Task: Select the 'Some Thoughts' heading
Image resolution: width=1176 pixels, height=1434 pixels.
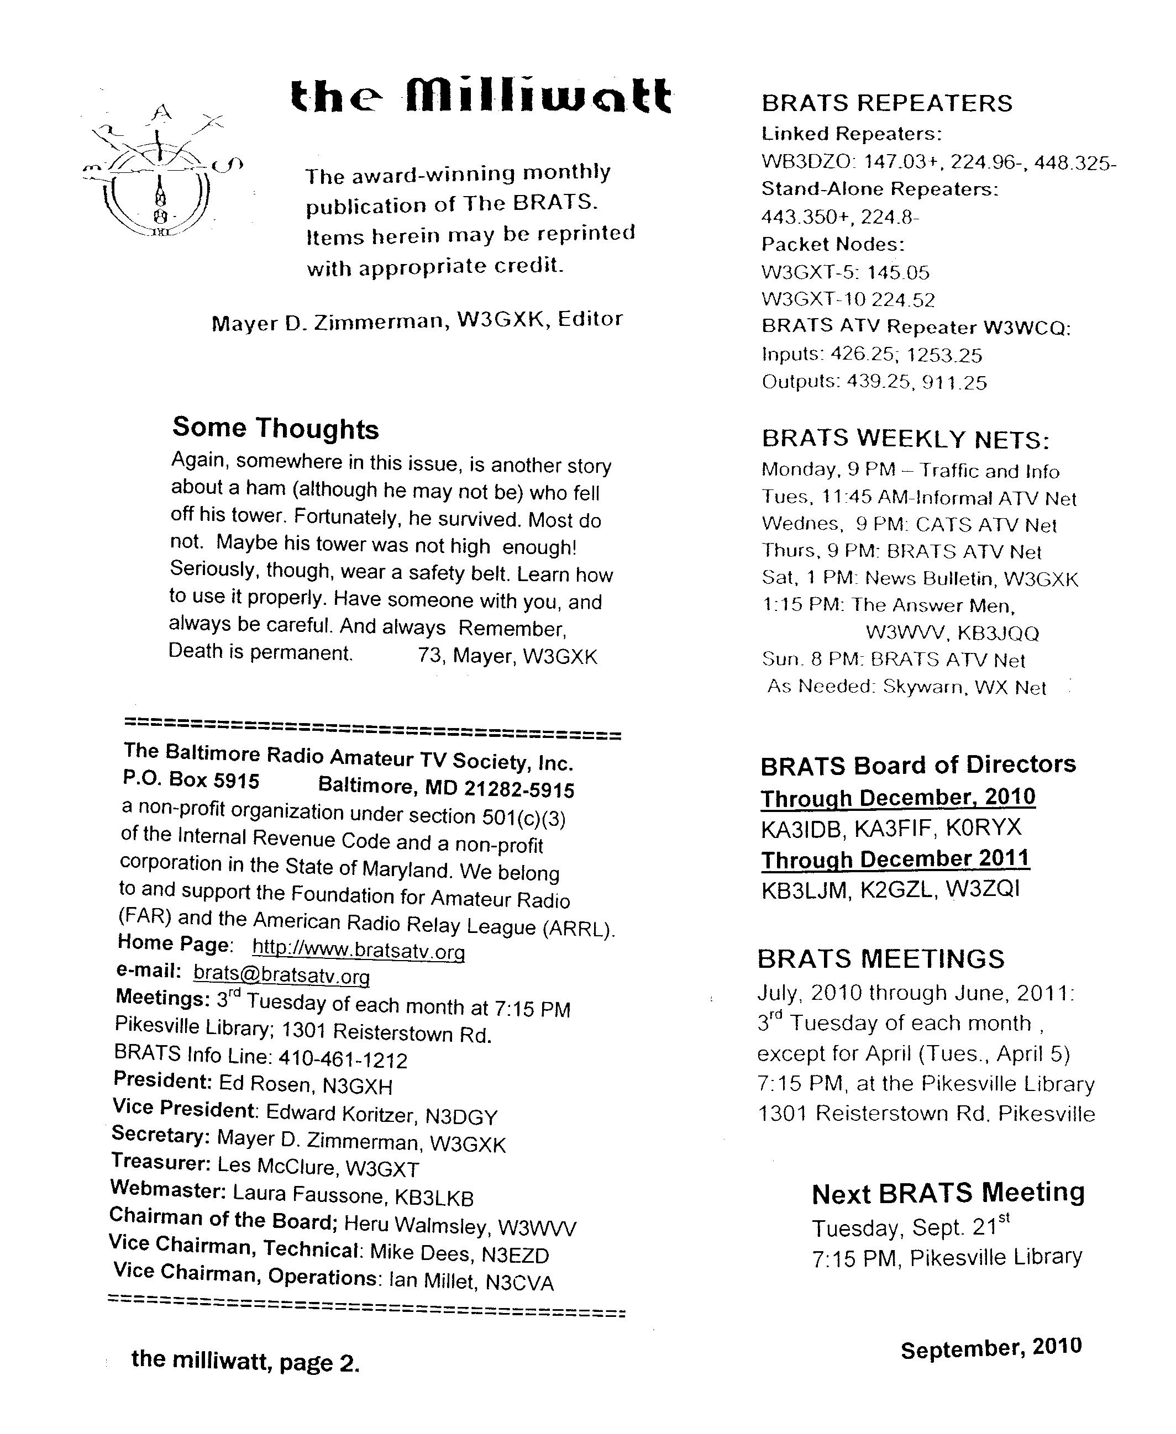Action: click(x=275, y=428)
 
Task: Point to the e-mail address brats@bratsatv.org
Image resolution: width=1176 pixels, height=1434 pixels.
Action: click(x=281, y=975)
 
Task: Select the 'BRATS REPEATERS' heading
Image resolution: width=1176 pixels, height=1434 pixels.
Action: click(x=887, y=103)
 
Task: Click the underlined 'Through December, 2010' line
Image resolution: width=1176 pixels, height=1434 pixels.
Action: click(x=897, y=798)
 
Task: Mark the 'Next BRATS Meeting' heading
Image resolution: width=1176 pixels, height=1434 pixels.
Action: click(x=948, y=1193)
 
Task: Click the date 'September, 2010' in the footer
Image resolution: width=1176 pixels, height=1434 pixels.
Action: click(x=991, y=1348)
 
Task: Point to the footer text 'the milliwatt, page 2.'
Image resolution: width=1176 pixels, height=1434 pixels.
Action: click(x=245, y=1359)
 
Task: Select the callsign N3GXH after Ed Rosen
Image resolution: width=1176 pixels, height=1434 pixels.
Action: click(x=357, y=1087)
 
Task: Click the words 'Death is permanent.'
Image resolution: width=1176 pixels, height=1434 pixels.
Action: click(x=260, y=652)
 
